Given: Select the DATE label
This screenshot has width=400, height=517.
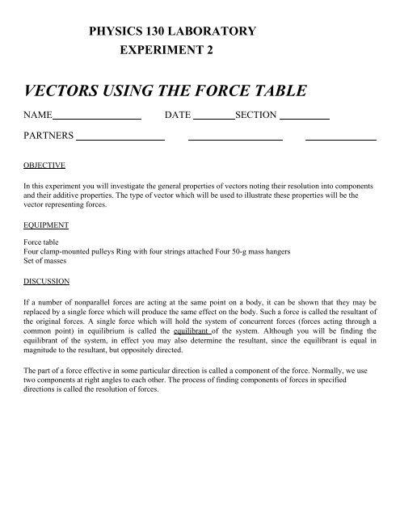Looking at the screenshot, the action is point(177,116).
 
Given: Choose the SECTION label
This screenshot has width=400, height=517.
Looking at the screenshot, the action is point(255,116).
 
